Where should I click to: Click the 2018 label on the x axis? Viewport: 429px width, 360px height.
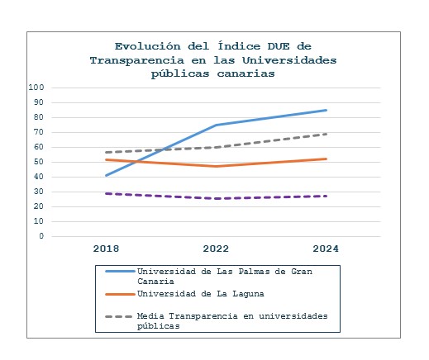point(106,249)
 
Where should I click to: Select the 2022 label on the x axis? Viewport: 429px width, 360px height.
point(216,249)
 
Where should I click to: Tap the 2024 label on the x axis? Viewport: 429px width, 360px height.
point(326,249)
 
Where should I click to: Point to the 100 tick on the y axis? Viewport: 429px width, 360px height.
point(36,88)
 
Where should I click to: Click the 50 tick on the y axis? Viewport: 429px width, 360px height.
point(39,162)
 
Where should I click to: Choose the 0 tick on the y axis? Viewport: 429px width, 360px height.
point(41,236)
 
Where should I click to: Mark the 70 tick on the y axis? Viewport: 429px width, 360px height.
point(39,132)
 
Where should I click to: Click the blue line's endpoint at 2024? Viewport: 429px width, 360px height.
point(326,111)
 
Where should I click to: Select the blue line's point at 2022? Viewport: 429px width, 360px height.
point(217,125)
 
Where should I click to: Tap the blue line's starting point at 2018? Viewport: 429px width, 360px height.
point(107,175)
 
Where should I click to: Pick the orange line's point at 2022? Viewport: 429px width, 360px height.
point(217,166)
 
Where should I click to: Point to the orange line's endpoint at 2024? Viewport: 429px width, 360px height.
point(326,159)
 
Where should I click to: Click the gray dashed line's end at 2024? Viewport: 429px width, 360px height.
point(326,134)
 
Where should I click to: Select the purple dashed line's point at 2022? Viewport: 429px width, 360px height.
point(217,198)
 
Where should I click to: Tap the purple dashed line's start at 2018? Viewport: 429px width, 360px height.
point(107,193)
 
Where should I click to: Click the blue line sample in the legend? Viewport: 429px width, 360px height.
point(120,272)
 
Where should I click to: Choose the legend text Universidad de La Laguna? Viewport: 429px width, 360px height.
point(201,294)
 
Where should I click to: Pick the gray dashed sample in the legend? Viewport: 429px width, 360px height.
point(119,316)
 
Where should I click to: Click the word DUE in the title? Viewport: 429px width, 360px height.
point(279,46)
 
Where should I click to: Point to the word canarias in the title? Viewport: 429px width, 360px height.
point(245,73)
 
